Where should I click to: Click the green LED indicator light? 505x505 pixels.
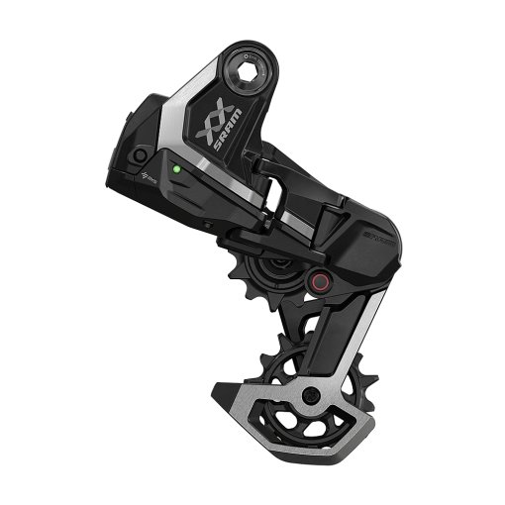click(x=174, y=169)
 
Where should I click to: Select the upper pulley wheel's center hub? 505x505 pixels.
click(x=278, y=263)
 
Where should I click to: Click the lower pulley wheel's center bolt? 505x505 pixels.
click(x=311, y=396)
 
